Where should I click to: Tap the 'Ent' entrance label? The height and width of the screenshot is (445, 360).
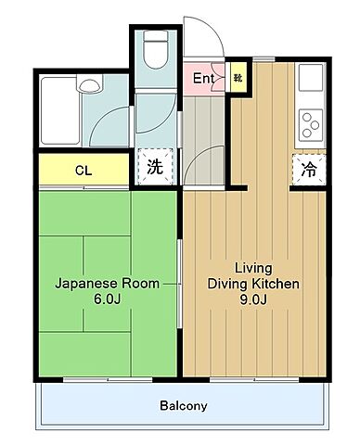tap(203, 79)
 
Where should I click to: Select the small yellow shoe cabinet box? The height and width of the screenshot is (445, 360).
tap(238, 79)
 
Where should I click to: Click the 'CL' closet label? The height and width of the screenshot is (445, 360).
tap(83, 171)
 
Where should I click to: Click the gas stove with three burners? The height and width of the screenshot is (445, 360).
tap(308, 123)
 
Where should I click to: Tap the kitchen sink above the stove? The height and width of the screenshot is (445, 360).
tap(308, 82)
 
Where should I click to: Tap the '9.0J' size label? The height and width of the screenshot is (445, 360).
tap(253, 300)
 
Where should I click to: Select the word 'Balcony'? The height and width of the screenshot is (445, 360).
tap(183, 406)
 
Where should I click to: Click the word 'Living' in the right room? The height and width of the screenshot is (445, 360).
tap(253, 266)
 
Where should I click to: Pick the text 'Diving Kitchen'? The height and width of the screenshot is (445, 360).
tap(253, 284)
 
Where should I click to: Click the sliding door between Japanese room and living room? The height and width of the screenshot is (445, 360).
tap(180, 283)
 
